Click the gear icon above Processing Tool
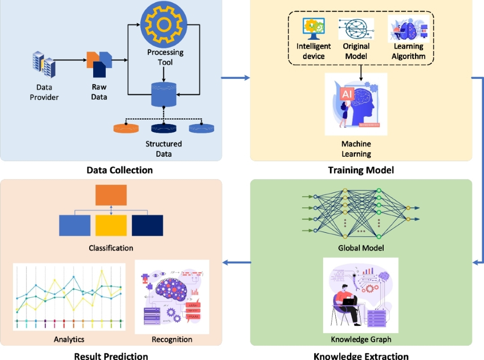(x=164, y=24)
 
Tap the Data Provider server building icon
(x=44, y=64)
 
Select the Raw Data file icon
(x=99, y=64)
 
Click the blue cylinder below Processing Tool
(x=164, y=94)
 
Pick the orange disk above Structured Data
(x=126, y=129)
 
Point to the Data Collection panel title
(x=120, y=170)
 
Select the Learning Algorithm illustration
(x=409, y=29)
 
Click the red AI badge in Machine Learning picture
(x=347, y=94)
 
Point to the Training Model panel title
(x=361, y=170)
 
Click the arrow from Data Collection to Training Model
(x=236, y=78)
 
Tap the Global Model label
(x=361, y=248)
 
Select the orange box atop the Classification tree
(x=111, y=195)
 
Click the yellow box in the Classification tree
(x=111, y=226)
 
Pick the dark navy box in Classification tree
(x=147, y=226)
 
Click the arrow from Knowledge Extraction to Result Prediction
(x=237, y=262)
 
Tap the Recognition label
(x=172, y=339)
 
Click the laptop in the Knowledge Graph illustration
(x=349, y=301)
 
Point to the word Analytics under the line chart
(x=69, y=339)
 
